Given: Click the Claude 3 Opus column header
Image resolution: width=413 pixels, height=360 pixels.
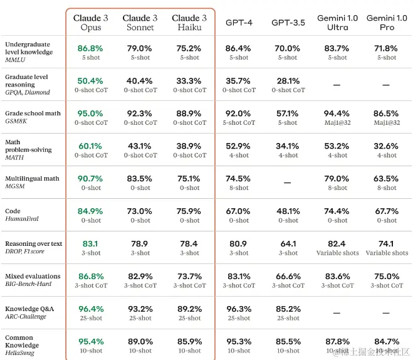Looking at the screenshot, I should pyautogui.click(x=90, y=23).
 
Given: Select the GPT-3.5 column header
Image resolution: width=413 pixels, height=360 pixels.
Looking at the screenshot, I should pyautogui.click(x=288, y=23).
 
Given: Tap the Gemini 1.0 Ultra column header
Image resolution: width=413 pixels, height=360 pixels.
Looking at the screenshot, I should pyautogui.click(x=337, y=23).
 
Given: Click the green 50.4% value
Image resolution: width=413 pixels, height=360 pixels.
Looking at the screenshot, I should pyautogui.click(x=90, y=81).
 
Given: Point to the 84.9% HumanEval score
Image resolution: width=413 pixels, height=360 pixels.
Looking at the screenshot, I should pyautogui.click(x=90, y=211).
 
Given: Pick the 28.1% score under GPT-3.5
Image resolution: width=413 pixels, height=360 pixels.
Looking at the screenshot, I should pyautogui.click(x=288, y=81).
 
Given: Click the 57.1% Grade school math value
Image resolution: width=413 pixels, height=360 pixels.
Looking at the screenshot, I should pyautogui.click(x=288, y=114).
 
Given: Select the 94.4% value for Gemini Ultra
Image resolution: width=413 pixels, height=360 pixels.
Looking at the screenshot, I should pyautogui.click(x=337, y=114).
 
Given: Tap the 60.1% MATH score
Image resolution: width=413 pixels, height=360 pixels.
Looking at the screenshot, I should pyautogui.click(x=90, y=146).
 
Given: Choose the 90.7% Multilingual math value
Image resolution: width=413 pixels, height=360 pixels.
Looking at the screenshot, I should pyautogui.click(x=90, y=179).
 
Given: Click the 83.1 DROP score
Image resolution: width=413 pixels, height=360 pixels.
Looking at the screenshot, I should pyautogui.click(x=90, y=244).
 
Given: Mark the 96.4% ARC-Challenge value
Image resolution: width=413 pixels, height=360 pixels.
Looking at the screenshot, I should pyautogui.click(x=90, y=309).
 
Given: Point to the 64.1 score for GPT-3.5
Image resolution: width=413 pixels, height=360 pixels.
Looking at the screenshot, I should pyautogui.click(x=288, y=244).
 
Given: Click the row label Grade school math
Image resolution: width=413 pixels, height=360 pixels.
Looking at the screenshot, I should pyautogui.click(x=33, y=113).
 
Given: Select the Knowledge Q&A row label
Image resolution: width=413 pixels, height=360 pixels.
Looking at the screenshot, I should pyautogui.click(x=29, y=309).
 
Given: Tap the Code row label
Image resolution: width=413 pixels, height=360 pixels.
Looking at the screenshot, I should pyautogui.click(x=13, y=211).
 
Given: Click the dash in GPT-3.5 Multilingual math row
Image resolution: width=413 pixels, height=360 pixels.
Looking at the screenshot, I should pyautogui.click(x=288, y=183).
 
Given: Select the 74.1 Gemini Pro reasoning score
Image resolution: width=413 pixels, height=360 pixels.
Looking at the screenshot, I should pyautogui.click(x=387, y=244).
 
